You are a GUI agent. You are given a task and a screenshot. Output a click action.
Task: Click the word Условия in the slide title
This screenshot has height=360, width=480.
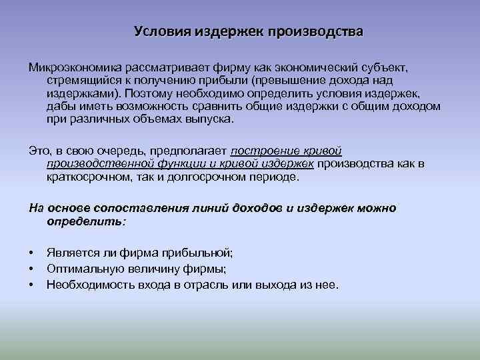[162, 31]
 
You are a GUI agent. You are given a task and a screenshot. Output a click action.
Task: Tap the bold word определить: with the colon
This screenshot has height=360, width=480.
[85, 221]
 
